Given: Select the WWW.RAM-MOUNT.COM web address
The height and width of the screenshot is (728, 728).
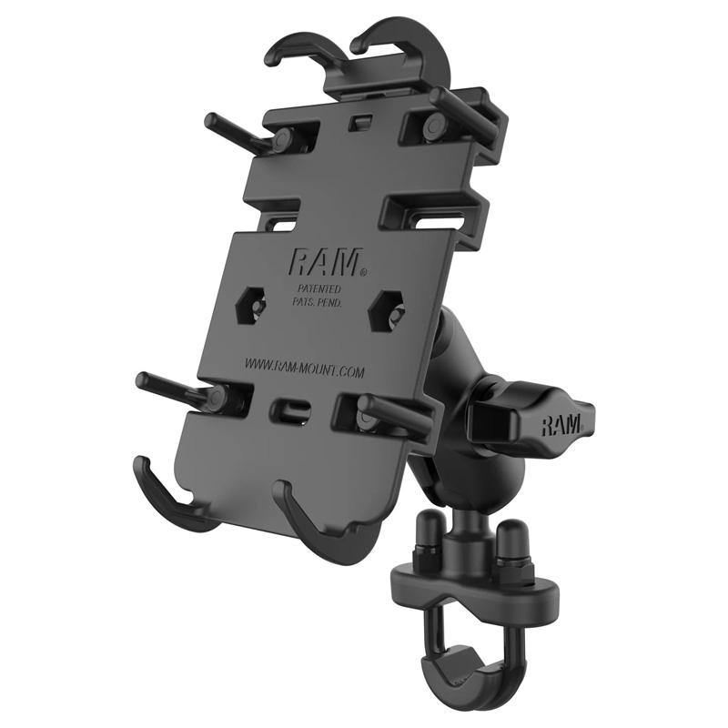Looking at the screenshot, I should coord(304,367).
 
